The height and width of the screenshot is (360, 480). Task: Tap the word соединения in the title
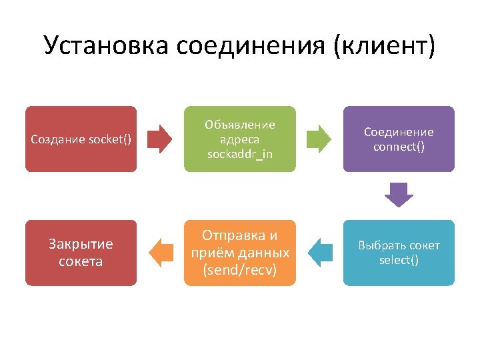pos(253,45)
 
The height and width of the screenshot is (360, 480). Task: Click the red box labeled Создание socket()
pos(81,139)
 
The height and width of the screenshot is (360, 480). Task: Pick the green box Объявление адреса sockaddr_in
pos(239,139)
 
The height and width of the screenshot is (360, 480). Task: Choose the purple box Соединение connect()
pos(399,139)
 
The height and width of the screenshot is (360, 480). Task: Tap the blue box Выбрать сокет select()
pos(399,253)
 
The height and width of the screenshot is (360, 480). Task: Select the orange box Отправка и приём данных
pos(239,253)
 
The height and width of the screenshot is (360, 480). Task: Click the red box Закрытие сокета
pos(81,253)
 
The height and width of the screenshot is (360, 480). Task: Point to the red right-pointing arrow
pos(159,139)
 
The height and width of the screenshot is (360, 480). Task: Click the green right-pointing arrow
pos(319,139)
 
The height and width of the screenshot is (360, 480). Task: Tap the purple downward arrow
pos(399,195)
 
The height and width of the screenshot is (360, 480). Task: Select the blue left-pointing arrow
pos(320,253)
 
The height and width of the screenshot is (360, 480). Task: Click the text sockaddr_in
pos(239,154)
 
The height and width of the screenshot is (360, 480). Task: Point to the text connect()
pos(399,146)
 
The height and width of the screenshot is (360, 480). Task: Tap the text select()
pos(399,260)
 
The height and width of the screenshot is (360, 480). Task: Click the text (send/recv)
pos(239,270)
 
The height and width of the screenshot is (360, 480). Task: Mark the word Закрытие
pos(81,244)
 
